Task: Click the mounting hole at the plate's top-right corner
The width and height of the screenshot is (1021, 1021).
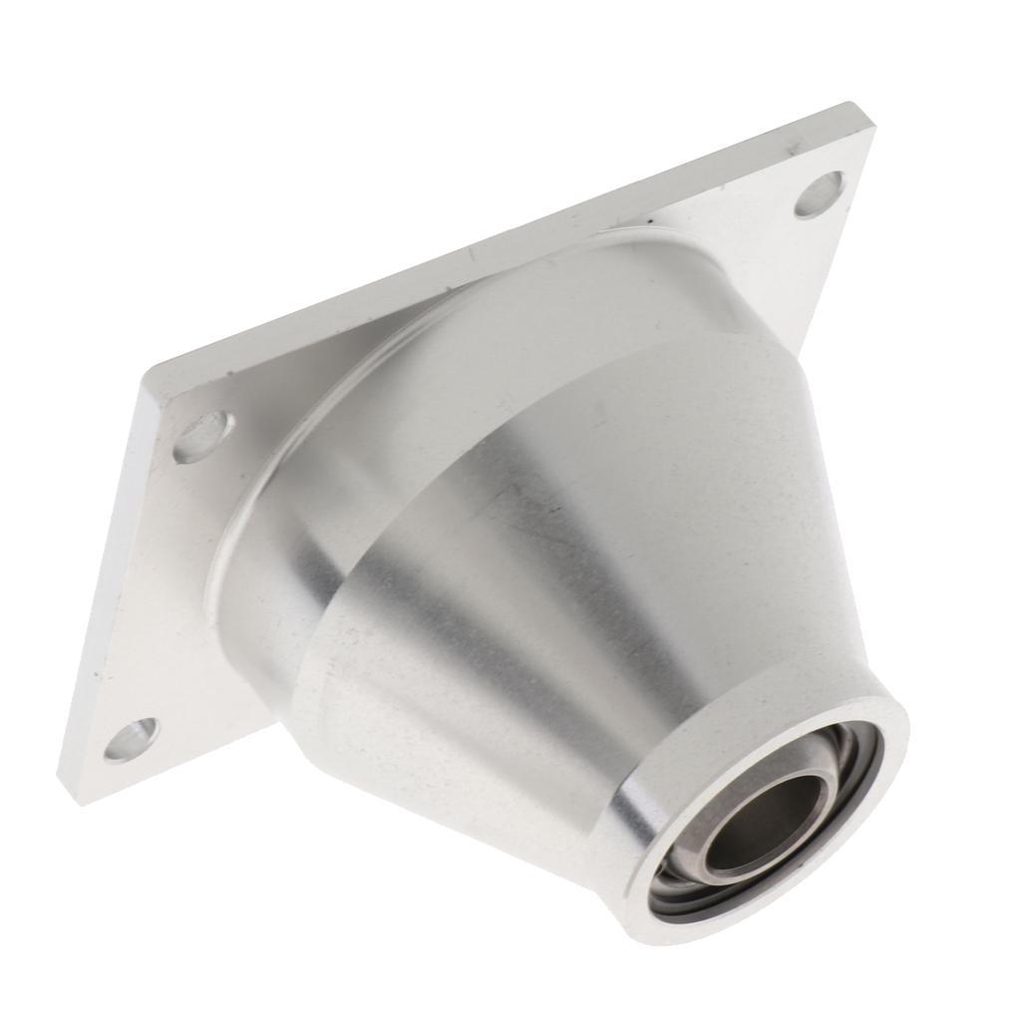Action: click(x=820, y=194)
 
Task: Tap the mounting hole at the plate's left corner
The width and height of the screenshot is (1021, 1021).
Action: click(x=204, y=437)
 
